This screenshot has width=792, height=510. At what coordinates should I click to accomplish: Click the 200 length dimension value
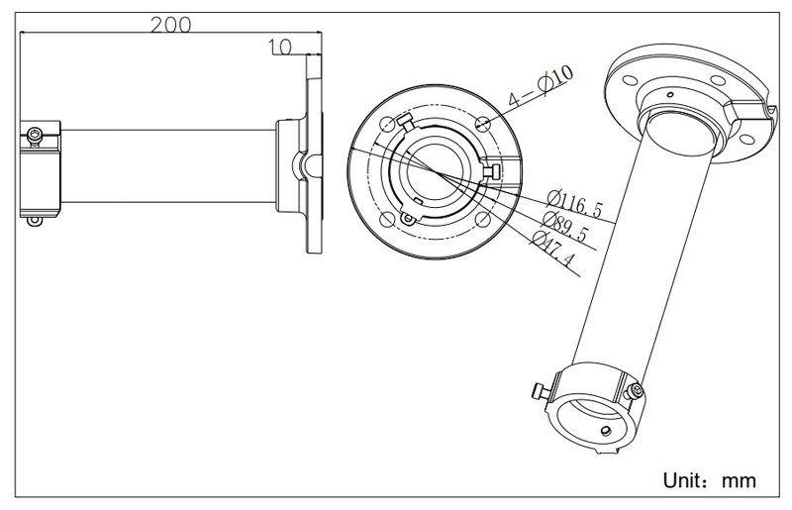click(170, 25)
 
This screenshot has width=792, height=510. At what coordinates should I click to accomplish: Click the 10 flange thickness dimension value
click(279, 45)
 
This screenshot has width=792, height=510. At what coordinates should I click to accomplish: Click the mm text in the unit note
click(737, 481)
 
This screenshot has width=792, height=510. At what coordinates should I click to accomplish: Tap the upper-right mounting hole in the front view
click(482, 123)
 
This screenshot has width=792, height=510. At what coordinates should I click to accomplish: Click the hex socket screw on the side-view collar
click(37, 133)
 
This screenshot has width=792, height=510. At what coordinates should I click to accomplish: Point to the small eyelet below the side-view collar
click(36, 220)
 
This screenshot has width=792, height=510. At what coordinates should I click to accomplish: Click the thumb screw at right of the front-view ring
click(492, 172)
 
